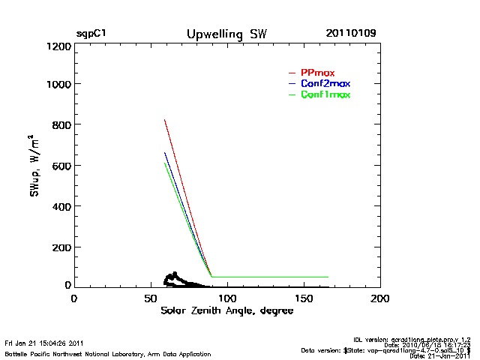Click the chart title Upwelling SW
226,34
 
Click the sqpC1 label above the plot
91,34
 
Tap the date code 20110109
351,34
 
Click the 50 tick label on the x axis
150,298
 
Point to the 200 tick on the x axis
380,298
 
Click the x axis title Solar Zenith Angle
226,311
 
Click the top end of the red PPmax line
165,120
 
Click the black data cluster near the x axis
177,280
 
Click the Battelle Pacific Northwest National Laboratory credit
108,353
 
